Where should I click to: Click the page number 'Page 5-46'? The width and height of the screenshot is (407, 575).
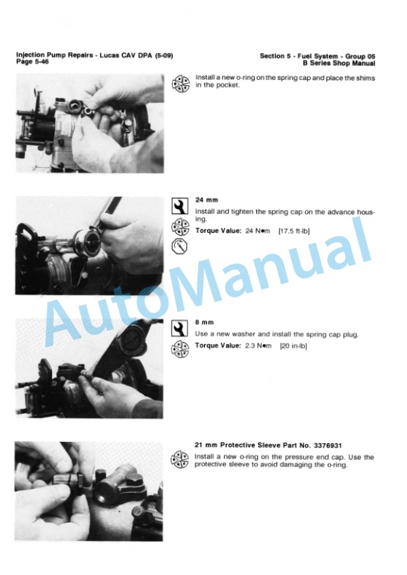click(32, 62)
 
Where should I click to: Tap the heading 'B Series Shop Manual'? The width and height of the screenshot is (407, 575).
click(339, 63)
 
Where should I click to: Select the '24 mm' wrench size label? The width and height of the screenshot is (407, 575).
click(207, 200)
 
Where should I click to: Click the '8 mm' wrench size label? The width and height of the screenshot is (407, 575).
click(204, 322)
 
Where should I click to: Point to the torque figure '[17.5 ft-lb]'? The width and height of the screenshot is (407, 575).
click(294, 231)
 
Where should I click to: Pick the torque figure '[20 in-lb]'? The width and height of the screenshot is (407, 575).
click(293, 346)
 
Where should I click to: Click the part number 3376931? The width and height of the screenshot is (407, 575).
click(327, 445)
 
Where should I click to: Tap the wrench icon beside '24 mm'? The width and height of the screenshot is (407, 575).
click(180, 206)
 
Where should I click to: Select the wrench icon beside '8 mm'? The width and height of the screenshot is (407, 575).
click(180, 329)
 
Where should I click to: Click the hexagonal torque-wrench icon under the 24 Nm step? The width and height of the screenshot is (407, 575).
click(180, 246)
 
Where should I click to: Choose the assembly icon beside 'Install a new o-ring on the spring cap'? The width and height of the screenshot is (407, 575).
click(181, 84)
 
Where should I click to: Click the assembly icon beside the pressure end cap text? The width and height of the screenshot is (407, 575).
click(180, 460)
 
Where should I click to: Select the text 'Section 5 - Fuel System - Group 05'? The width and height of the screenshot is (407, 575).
click(318, 56)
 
